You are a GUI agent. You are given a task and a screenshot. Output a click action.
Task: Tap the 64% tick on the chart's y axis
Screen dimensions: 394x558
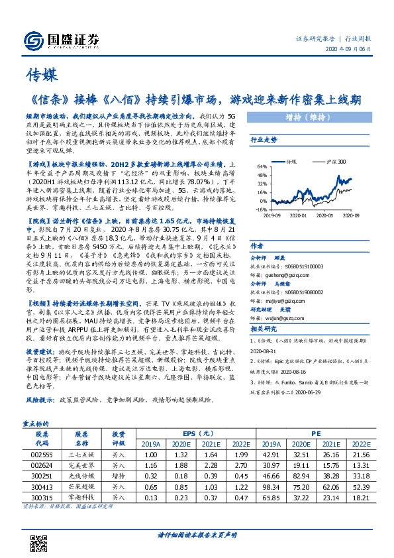263,166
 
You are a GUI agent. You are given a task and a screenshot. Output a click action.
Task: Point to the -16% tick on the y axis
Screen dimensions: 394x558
262,208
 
